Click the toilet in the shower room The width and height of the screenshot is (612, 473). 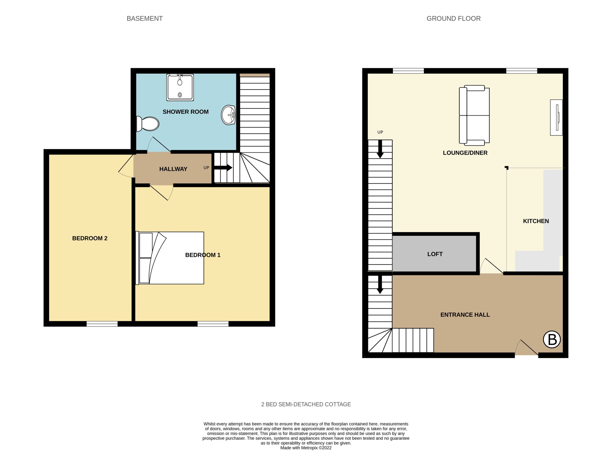pos(148,124)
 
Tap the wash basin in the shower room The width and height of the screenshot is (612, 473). pos(228,115)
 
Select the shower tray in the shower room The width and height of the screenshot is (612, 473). pos(180,87)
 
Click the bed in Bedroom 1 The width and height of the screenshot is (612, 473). pos(170,258)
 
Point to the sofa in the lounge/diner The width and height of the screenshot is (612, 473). pos(474,115)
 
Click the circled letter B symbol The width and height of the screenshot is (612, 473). pos(552,340)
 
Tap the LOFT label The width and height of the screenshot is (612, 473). pos(435,254)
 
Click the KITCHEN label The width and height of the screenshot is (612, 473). pos(536,221)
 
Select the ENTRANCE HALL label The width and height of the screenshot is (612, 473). pos(465,315)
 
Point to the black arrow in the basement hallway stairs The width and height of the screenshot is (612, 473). pos(223,168)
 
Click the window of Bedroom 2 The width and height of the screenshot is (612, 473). pos(102,324)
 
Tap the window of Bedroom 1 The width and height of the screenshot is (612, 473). pos(213,324)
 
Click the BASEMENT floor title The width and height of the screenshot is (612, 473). pos(145,18)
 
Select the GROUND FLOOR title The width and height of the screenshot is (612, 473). pos(454,18)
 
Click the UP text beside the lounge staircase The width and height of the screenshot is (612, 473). pos(380,132)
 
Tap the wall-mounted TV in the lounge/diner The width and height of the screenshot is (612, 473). pos(557,117)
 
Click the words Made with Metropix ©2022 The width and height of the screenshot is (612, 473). pos(306,448)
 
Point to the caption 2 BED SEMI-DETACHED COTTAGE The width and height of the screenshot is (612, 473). pos(306,404)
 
